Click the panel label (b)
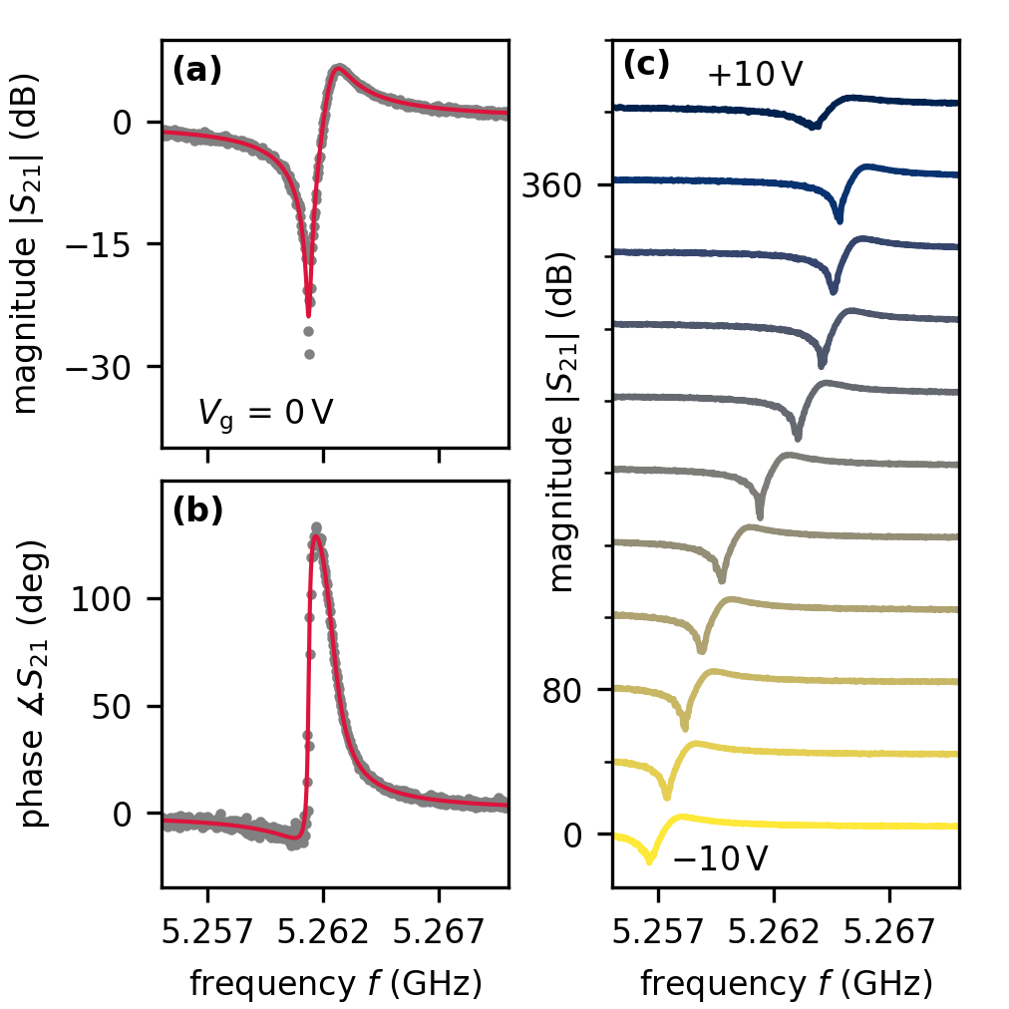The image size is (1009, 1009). click(196, 510)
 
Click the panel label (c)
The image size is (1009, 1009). click(644, 66)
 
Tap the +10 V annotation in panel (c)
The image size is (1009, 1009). click(755, 76)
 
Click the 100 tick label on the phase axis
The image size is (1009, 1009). click(117, 599)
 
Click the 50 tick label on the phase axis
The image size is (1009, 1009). click(124, 707)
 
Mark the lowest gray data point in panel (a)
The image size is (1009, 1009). click(309, 353)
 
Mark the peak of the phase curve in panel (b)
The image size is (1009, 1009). click(316, 527)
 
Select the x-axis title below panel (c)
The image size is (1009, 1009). click(786, 985)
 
